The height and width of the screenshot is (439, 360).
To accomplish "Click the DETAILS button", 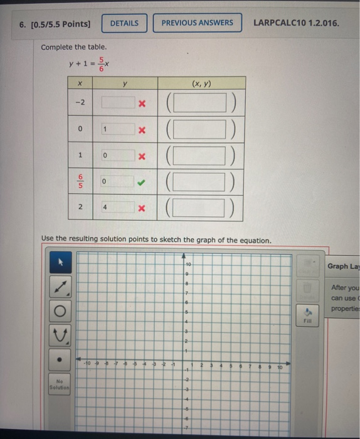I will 124,23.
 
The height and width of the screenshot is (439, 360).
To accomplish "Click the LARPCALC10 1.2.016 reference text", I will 296,23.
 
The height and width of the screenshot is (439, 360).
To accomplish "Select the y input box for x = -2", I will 116,102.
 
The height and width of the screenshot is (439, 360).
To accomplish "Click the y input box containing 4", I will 116,208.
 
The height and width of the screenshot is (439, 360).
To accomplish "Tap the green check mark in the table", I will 142,182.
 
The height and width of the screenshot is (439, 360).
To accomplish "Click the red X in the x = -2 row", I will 142,103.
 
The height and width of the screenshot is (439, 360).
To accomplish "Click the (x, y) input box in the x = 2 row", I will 200,208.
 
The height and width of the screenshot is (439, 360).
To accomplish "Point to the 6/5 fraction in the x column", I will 80,181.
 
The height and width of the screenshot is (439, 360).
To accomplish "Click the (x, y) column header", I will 201,83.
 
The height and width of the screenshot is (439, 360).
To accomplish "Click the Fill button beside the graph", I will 307,314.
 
